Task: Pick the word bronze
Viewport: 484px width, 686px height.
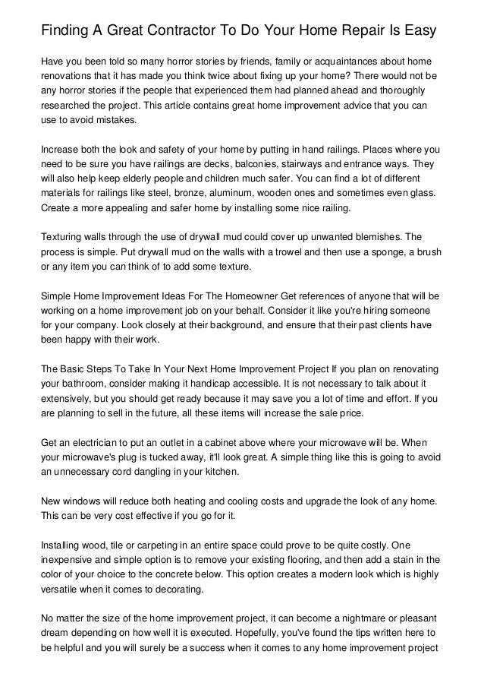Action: click(187, 180)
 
